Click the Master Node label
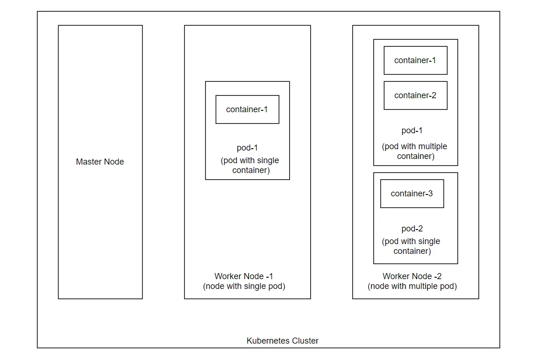(x=100, y=162)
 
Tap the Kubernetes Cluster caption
(x=282, y=341)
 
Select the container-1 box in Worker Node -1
(x=247, y=109)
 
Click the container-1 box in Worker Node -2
(x=415, y=60)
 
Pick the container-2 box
(x=415, y=95)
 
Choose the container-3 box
(x=412, y=194)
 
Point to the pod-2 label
(x=412, y=229)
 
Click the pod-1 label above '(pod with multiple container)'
(x=412, y=130)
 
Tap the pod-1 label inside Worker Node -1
(x=247, y=148)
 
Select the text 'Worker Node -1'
(x=244, y=276)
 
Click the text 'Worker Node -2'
(x=412, y=276)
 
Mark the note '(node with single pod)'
(x=244, y=286)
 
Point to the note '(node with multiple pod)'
(x=412, y=286)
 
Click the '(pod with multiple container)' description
(x=415, y=151)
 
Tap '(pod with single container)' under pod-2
(x=412, y=246)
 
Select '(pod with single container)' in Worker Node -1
(x=250, y=165)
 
